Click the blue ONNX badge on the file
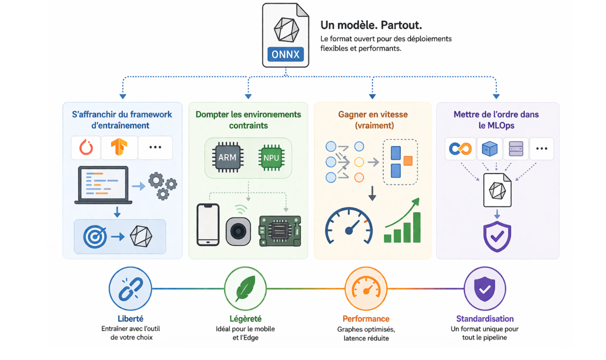285,55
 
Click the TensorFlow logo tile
119,148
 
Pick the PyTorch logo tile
86,148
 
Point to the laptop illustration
103,185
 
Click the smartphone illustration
208,225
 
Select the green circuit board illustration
280,231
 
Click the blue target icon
95,237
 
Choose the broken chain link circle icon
130,288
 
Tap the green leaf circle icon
245,288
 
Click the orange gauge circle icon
366,288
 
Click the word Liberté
130,319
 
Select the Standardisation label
484,319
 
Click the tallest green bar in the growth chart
417,227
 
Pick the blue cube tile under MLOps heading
489,149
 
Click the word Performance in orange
366,319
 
